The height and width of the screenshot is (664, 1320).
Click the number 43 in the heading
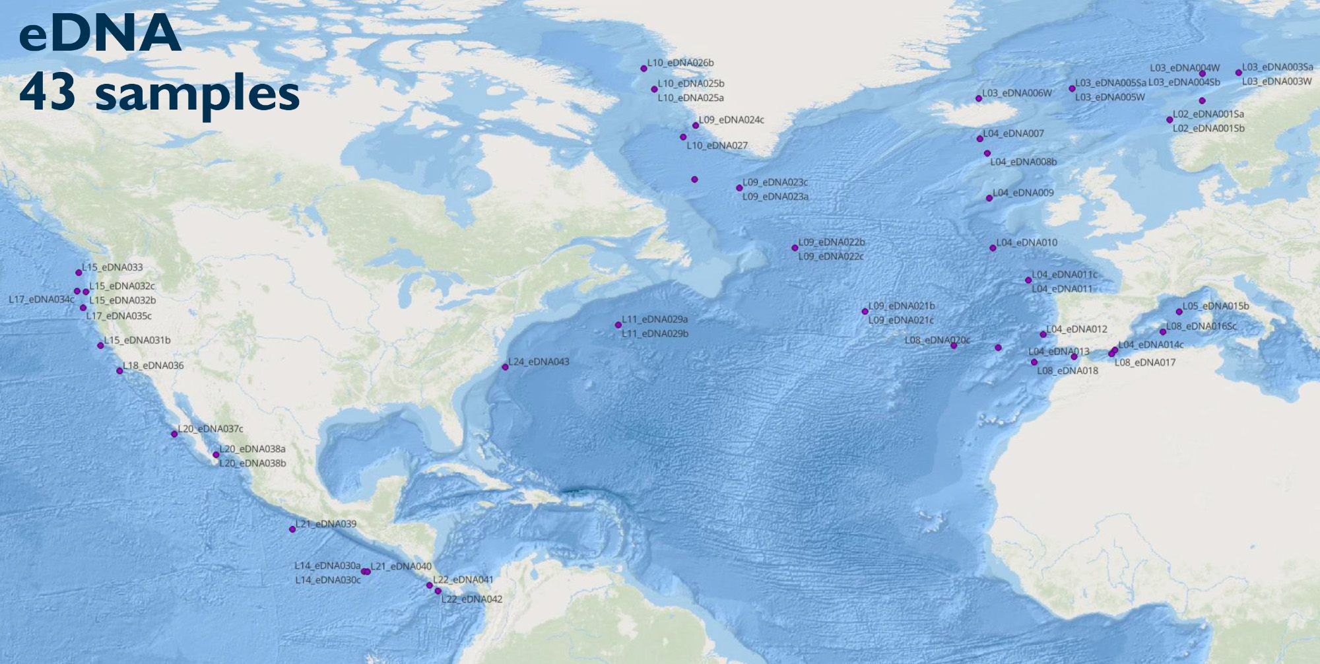coord(48,93)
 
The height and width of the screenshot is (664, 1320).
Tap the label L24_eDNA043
coord(538,362)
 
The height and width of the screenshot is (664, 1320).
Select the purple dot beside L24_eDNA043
coord(505,367)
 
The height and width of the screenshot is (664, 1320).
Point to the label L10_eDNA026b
coord(680,63)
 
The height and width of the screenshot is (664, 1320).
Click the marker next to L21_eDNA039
coord(292,529)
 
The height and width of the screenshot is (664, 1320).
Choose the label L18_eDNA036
coord(153,366)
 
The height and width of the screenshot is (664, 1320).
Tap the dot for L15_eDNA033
coord(79,273)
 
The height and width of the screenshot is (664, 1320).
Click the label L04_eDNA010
coord(1026,243)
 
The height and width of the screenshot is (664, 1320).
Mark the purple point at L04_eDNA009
coord(989,198)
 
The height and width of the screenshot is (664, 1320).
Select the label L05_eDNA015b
coord(1215,306)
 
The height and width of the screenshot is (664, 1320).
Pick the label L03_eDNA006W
coord(1016,94)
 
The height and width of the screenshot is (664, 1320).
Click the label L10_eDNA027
coord(717,146)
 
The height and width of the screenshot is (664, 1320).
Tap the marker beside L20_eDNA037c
coord(174,434)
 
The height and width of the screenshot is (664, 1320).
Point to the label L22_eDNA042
coord(471,599)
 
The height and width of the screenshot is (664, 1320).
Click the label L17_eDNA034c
coord(41,300)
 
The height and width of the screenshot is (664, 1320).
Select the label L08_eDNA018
coord(1067,371)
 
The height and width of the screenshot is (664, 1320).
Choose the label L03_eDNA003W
coord(1276,82)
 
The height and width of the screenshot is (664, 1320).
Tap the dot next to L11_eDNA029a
coord(618,325)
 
